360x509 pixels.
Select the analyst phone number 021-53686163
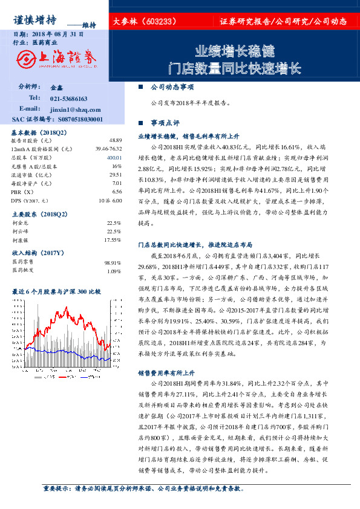pyautogui.click(x=68, y=98)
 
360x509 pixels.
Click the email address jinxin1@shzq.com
pyautogui.click(x=71, y=109)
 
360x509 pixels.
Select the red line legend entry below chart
pyautogui.click(x=85, y=377)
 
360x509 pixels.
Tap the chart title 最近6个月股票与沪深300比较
pyautogui.click(x=57, y=292)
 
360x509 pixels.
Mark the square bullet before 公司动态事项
pyautogui.click(x=141, y=87)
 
